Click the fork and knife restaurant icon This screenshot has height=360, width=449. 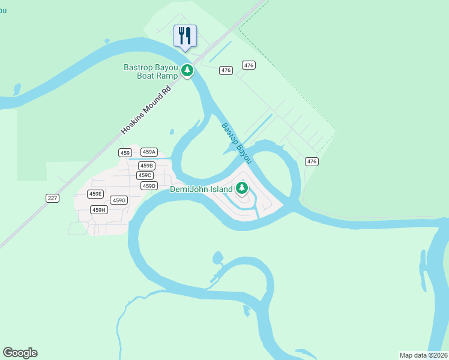point(184,35)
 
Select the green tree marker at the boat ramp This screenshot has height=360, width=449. point(187,71)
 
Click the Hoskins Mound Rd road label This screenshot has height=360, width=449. point(146,109)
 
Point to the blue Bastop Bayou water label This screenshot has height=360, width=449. point(237,143)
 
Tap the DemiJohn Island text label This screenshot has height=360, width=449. point(201,189)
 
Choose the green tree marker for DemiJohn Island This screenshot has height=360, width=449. point(242,188)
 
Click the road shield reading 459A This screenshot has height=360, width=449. point(149,152)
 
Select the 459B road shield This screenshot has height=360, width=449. point(146,166)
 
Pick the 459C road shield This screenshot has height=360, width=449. point(145,175)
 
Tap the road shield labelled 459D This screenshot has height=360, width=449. point(149,186)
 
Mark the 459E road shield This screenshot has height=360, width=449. point(95,194)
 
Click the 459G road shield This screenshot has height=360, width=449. point(119,200)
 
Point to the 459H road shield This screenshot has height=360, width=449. point(99,209)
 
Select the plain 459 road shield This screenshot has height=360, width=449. point(125,153)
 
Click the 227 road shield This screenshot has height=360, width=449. point(52,198)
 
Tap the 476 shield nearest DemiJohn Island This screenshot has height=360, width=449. point(312,161)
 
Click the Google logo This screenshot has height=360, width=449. point(20,353)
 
